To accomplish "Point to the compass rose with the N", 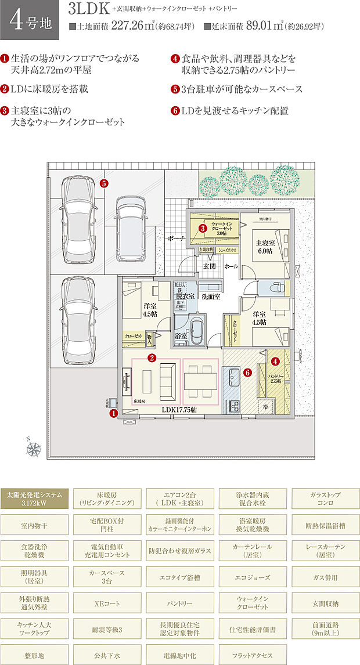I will point(34,447).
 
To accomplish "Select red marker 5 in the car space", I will point(103,184).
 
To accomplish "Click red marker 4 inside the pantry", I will point(275,361).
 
